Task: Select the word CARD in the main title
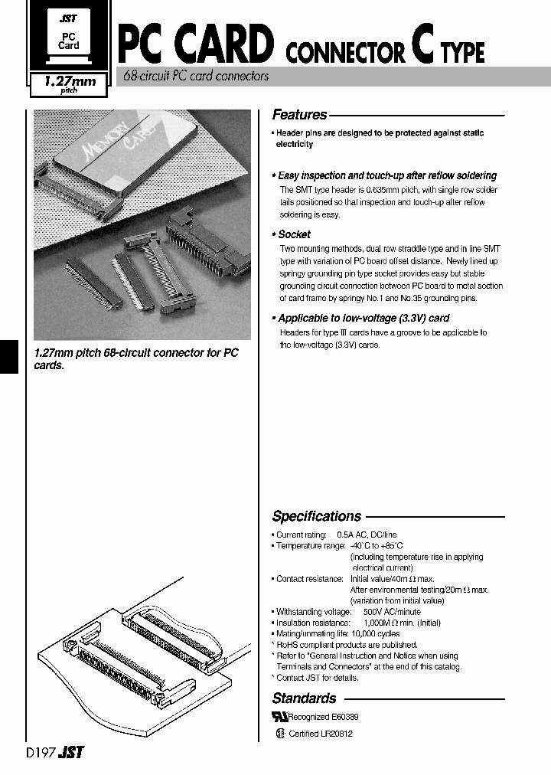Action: [x=223, y=44]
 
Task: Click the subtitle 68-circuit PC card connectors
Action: [x=196, y=77]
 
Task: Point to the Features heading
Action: [x=299, y=115]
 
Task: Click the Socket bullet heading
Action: [x=294, y=234]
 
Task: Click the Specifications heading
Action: [x=316, y=516]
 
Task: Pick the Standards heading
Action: [x=304, y=698]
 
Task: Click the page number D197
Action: [x=39, y=753]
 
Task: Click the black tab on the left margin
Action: [x=8, y=356]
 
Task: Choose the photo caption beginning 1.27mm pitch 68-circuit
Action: [x=136, y=358]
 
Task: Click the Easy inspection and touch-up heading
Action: [x=386, y=175]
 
